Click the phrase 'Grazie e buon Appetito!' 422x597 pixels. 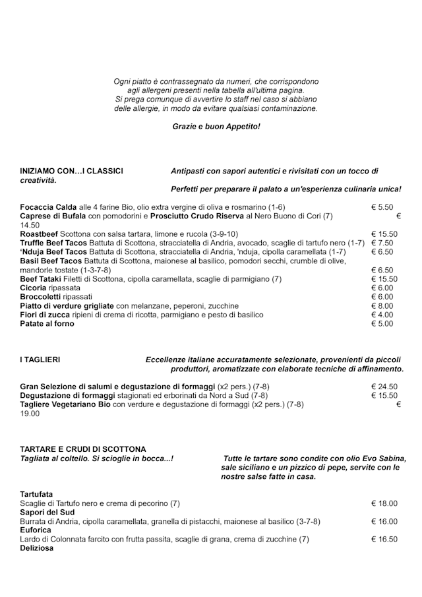[x=216, y=125]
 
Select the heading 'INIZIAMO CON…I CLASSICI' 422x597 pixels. [x=71, y=171]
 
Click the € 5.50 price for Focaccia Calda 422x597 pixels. [x=382, y=207]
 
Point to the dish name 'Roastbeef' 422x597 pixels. [x=39, y=234]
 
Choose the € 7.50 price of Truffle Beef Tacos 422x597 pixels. [x=382, y=243]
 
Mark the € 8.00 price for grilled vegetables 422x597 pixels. [x=382, y=306]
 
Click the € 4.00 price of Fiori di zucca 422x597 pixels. [x=382, y=315]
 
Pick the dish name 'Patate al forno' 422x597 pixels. [x=47, y=324]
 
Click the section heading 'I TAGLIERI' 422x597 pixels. [x=40, y=360]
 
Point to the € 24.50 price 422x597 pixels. [x=384, y=387]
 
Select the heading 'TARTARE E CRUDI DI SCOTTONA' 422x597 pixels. [x=83, y=449]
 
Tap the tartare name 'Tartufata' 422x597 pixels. [x=36, y=494]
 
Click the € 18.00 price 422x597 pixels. [x=384, y=503]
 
